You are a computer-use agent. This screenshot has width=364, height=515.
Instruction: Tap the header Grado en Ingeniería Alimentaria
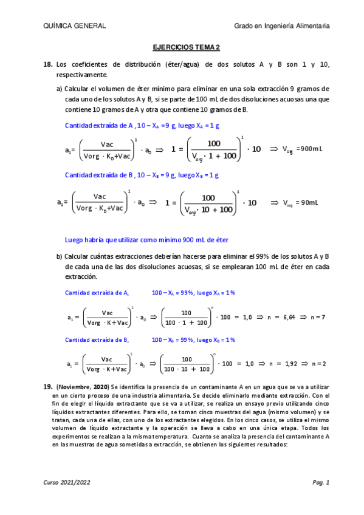point(282,26)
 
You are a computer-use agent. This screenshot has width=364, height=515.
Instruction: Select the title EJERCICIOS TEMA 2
point(185,47)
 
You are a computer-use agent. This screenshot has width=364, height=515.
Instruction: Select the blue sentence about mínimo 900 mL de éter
point(146,239)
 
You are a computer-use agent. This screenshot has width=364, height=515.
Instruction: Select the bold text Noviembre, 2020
point(81,387)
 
